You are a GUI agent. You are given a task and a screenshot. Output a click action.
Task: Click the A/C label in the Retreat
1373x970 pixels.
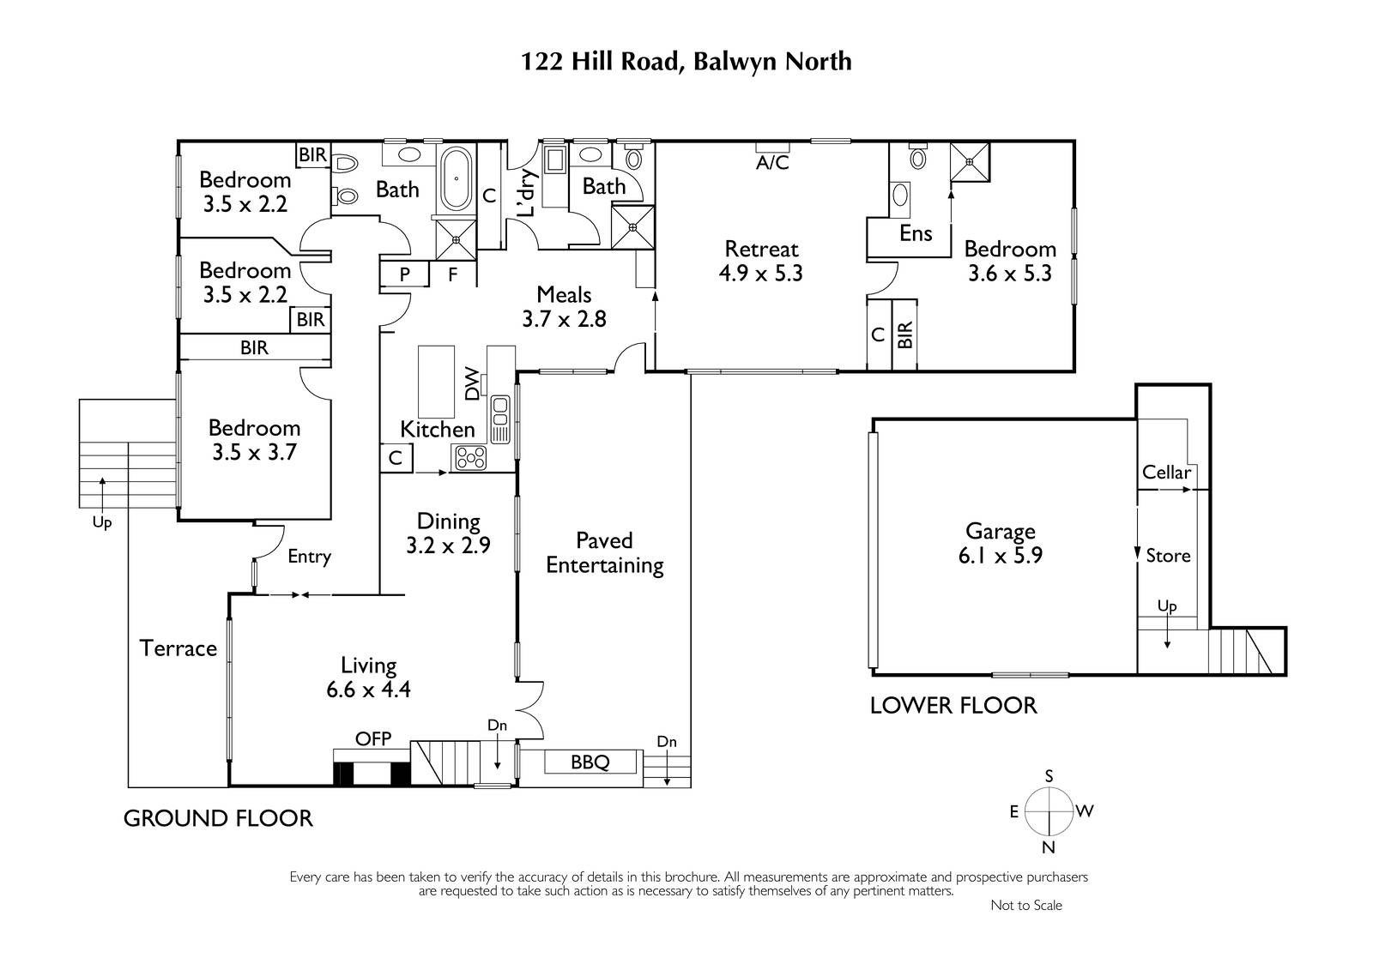tap(772, 162)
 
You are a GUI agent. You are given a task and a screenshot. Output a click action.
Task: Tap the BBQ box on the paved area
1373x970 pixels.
tap(590, 762)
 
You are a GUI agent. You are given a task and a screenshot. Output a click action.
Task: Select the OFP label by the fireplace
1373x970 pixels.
tap(372, 738)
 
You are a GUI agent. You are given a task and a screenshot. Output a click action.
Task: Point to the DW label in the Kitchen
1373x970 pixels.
tap(471, 383)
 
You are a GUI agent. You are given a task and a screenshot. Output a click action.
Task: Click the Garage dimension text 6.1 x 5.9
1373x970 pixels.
tap(1001, 555)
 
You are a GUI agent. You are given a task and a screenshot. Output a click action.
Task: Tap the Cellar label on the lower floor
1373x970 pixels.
tap(1166, 473)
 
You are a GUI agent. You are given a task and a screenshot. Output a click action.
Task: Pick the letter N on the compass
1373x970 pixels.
tap(1048, 847)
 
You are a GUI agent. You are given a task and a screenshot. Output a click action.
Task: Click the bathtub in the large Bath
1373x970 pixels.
tap(456, 179)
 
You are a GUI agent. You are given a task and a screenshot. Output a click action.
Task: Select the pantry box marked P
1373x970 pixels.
tap(404, 274)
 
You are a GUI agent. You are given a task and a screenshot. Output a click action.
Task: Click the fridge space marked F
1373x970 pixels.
tap(452, 274)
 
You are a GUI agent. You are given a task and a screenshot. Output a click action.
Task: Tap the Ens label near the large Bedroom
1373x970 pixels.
tap(916, 233)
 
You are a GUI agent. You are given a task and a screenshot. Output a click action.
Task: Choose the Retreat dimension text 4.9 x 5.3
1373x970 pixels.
tap(760, 274)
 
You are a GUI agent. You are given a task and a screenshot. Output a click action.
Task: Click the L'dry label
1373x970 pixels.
tap(527, 192)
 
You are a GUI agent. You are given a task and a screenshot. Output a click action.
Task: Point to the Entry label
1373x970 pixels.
tap(309, 557)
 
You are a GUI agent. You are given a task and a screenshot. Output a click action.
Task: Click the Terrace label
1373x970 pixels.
tap(178, 648)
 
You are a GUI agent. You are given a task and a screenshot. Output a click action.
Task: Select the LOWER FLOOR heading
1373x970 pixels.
tap(953, 705)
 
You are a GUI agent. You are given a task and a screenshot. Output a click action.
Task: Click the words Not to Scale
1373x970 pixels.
tap(1026, 905)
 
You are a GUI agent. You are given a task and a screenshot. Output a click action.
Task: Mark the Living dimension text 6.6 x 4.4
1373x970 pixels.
tap(368, 690)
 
